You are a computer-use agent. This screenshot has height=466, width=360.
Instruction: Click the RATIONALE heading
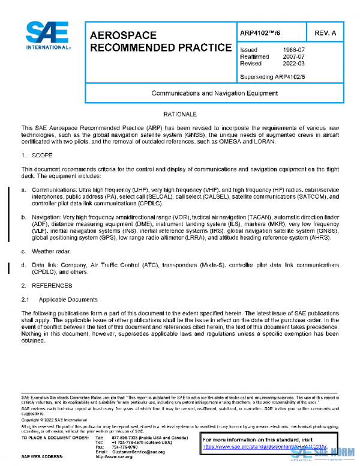[180, 113]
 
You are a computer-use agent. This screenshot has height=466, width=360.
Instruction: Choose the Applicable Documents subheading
[67, 298]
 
